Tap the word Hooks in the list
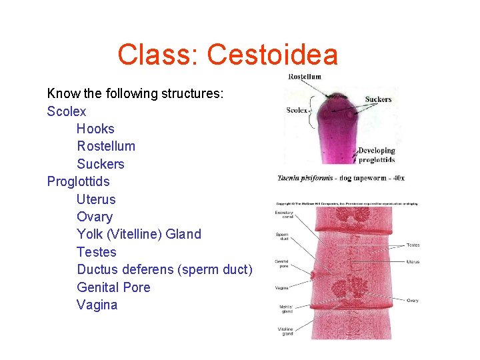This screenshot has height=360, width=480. (x=95, y=129)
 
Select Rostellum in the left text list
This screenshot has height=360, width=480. (x=106, y=146)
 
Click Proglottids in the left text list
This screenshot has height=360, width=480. (x=78, y=181)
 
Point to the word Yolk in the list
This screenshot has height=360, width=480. (x=89, y=234)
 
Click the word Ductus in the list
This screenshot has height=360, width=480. (x=97, y=269)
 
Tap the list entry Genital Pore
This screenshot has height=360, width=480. (x=113, y=287)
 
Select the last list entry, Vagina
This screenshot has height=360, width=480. (x=97, y=305)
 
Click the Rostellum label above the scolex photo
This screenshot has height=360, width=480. (x=304, y=76)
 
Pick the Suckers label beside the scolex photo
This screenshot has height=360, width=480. (x=378, y=100)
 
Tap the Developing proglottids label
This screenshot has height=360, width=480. (x=377, y=155)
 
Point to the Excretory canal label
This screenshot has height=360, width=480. (x=285, y=215)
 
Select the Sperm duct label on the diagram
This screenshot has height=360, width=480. (x=282, y=237)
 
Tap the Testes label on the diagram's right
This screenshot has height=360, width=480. (x=413, y=245)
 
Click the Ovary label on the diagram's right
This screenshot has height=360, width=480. (x=413, y=301)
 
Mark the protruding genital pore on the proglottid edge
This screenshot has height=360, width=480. (x=312, y=273)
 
